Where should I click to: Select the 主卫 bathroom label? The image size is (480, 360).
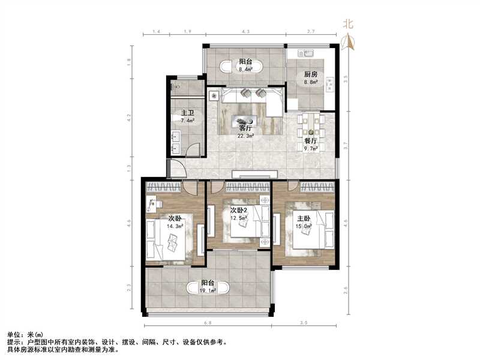(187, 112)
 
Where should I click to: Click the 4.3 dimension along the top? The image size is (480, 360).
(245, 31)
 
